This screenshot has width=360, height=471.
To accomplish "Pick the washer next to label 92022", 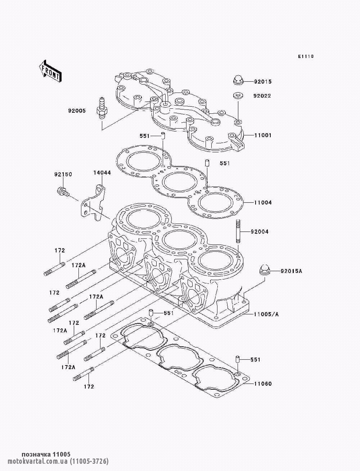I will coord(238,96).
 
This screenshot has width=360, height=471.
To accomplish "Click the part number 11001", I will coord(263,135).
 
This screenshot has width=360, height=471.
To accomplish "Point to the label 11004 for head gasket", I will coord(263,203).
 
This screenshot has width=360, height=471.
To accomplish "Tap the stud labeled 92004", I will coord(238,232).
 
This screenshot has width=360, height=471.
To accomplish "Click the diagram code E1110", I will coord(306,57).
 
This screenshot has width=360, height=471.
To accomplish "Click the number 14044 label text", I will coord(102,173).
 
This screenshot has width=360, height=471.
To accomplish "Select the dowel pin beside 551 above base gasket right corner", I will coord(238,360).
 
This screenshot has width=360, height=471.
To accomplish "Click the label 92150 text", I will coord(63,175).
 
